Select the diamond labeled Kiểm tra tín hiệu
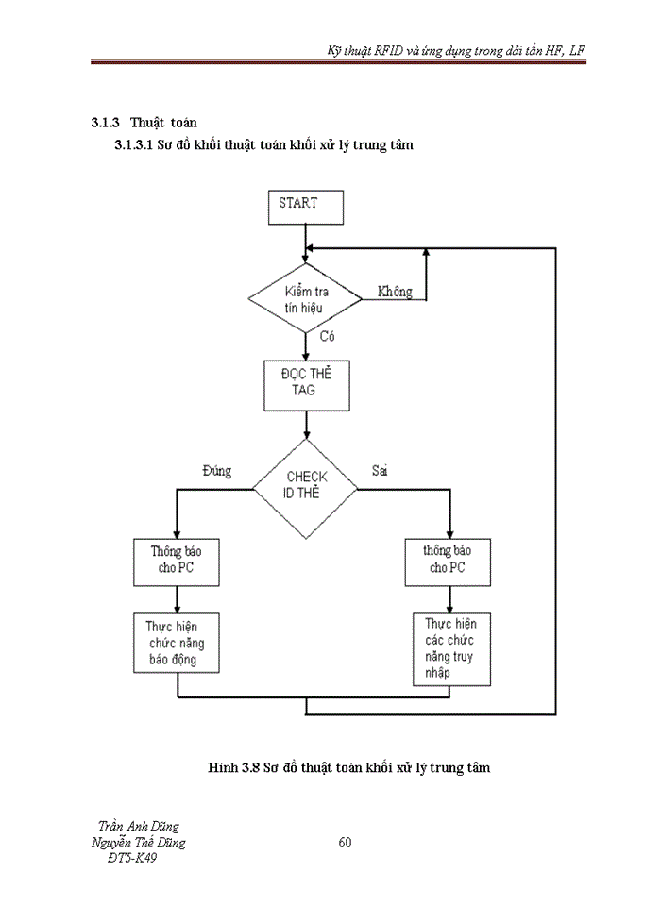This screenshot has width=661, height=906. pyautogui.click(x=305, y=299)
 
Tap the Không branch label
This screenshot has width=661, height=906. pyautogui.click(x=395, y=292)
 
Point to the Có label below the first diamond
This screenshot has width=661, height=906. pyautogui.click(x=329, y=336)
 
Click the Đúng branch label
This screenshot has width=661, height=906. pyautogui.click(x=216, y=471)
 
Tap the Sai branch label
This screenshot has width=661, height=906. pyautogui.click(x=381, y=471)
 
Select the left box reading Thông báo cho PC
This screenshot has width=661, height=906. pyautogui.click(x=178, y=561)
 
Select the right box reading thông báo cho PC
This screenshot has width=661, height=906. pyautogui.click(x=446, y=561)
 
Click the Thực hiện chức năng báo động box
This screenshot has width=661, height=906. pyautogui.click(x=178, y=642)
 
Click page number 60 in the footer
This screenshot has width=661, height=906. pyautogui.click(x=345, y=842)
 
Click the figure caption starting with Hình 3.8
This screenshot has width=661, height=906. pyautogui.click(x=348, y=768)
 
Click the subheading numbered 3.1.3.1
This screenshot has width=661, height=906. pyautogui.click(x=263, y=145)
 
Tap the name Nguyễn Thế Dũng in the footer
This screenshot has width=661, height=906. pyautogui.click(x=138, y=842)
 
